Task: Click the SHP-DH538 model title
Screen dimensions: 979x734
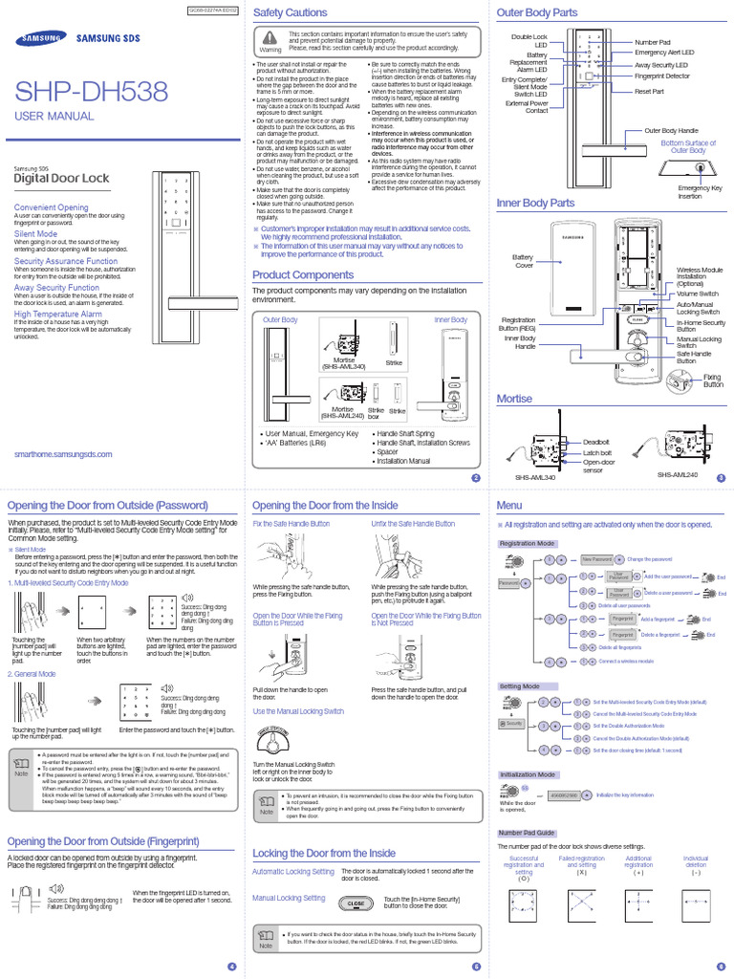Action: [x=91, y=92]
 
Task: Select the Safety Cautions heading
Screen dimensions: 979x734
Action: [x=290, y=12]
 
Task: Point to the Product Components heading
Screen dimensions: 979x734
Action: [x=302, y=275]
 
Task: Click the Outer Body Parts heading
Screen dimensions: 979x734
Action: [x=537, y=12]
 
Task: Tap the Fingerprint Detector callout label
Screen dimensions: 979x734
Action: [x=662, y=75]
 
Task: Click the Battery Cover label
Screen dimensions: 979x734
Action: [x=523, y=261]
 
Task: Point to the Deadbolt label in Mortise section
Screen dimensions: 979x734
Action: [x=596, y=442]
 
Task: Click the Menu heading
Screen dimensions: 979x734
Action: [x=509, y=505]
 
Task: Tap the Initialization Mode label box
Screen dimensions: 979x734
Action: [x=529, y=774]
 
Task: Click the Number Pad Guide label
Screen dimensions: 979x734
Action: [x=525, y=833]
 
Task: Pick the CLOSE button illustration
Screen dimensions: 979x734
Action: [x=356, y=903]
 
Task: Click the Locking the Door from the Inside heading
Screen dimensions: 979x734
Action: [x=323, y=853]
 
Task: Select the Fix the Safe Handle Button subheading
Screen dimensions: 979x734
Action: [x=291, y=524]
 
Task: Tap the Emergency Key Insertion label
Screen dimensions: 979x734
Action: [x=701, y=192]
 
